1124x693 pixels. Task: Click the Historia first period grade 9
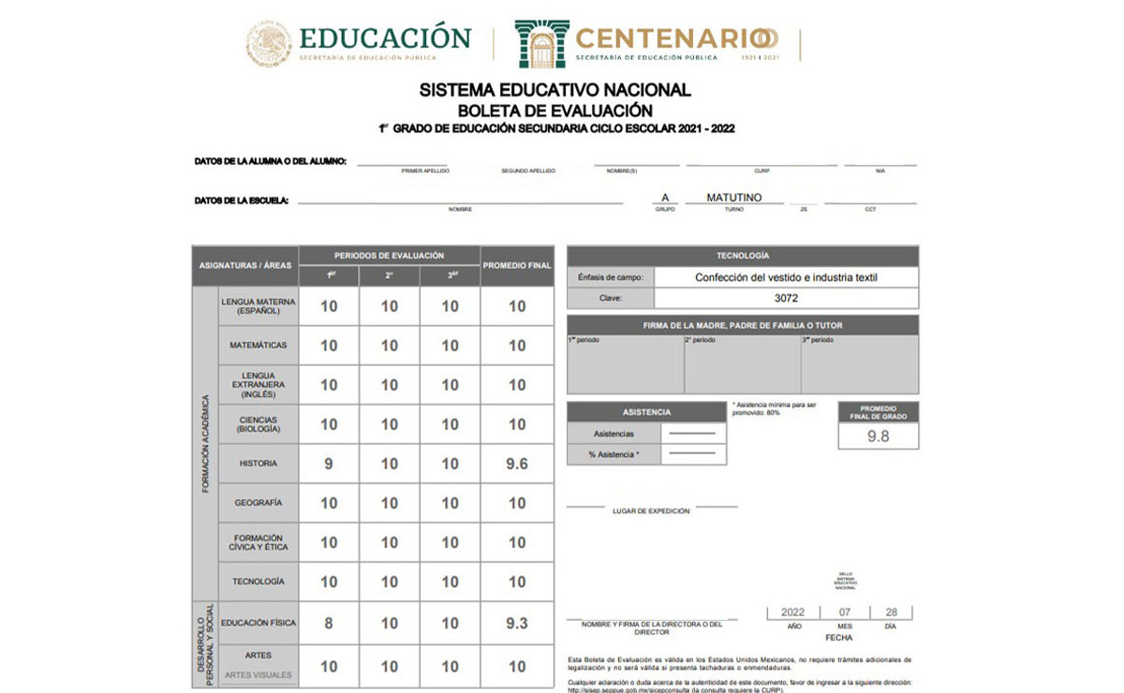point(329,464)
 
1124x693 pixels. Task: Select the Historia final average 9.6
point(517,464)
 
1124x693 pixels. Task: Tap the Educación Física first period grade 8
point(329,623)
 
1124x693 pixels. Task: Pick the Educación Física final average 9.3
point(517,623)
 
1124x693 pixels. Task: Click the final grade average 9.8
point(878,435)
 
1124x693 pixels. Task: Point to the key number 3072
point(786,298)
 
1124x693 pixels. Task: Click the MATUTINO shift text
point(734,198)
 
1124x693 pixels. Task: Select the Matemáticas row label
point(259,346)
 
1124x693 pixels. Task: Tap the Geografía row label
point(259,503)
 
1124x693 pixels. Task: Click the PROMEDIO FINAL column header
point(517,265)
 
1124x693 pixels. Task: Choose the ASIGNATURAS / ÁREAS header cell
point(245,265)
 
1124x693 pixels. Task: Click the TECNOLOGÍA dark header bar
point(743,256)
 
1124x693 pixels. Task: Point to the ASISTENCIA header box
point(646,412)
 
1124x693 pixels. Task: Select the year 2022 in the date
point(792,612)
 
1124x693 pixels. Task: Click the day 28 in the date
point(890,612)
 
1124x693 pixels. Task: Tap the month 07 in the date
point(844,612)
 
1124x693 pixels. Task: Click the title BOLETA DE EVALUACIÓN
point(555,110)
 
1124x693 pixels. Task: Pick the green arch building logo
point(541,43)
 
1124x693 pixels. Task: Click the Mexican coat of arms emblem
point(269,43)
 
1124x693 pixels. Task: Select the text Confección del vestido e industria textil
point(786,277)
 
